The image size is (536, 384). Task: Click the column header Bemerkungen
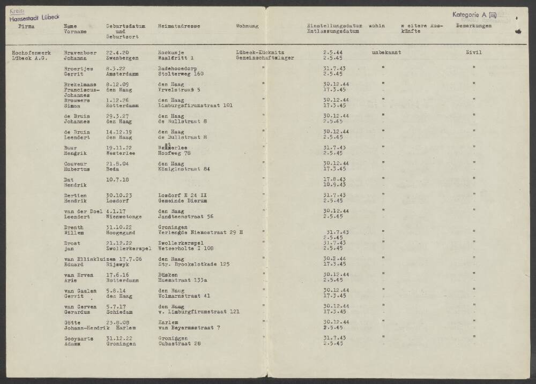click(474, 26)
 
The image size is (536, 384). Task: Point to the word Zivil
click(474, 52)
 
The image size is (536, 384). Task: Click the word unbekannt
click(386, 52)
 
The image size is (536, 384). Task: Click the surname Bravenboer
click(79, 52)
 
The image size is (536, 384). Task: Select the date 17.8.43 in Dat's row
click(334, 179)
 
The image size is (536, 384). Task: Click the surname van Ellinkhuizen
click(84, 259)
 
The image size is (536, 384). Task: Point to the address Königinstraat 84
click(183, 169)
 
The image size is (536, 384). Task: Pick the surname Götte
click(72, 322)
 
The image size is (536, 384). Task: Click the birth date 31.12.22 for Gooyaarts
click(118, 338)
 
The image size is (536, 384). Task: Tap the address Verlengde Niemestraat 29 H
click(201, 232)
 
